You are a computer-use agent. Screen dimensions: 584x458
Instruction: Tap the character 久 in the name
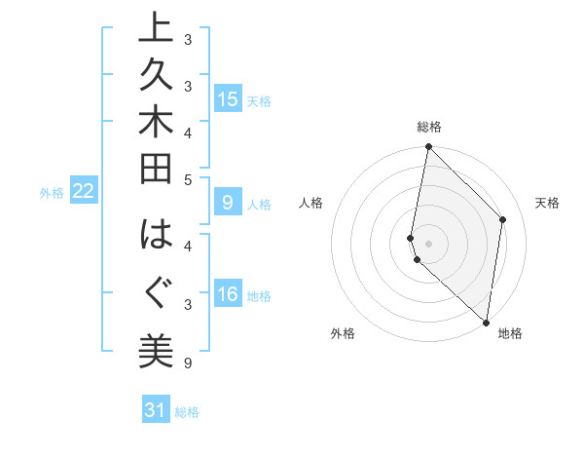(x=156, y=76)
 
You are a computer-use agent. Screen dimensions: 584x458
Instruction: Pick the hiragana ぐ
(x=156, y=290)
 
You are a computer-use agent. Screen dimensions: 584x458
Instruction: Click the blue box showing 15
(x=227, y=98)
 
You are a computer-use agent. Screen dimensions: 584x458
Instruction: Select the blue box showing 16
(x=227, y=294)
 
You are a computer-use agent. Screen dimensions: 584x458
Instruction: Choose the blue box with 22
(x=84, y=191)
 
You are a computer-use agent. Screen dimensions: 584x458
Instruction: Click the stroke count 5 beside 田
(x=189, y=179)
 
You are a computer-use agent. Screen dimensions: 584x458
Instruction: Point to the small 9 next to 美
(x=187, y=364)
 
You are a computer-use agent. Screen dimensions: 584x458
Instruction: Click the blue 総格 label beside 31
(x=188, y=412)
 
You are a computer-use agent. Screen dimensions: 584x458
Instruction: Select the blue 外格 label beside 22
(x=52, y=193)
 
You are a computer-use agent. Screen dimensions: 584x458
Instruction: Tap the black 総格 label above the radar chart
(x=429, y=127)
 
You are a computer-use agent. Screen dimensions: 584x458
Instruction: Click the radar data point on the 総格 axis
(x=428, y=147)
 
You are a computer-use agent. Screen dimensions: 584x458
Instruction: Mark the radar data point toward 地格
(x=486, y=322)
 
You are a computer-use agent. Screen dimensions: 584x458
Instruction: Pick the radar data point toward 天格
(x=503, y=219)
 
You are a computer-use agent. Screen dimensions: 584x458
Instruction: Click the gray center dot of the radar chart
(x=428, y=243)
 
